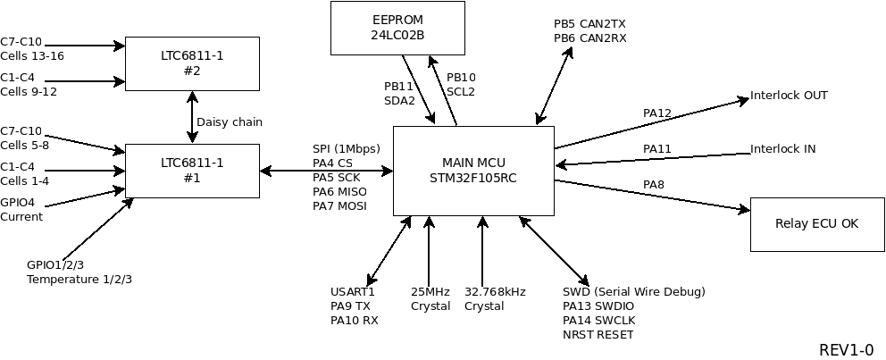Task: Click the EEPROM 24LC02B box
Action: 397,27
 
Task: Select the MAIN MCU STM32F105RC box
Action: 473,170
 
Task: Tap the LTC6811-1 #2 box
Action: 192,63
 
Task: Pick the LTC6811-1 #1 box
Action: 192,170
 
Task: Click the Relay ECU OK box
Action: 817,223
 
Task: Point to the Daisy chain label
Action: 230,122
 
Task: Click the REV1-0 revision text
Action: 846,349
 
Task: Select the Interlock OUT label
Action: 789,96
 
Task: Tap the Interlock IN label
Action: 782,149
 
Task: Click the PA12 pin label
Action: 656,113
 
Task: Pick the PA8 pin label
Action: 653,185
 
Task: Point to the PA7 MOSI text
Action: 339,206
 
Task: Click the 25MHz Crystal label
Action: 430,299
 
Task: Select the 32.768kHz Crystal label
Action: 495,299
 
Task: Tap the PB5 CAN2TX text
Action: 589,24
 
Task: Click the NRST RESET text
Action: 598,335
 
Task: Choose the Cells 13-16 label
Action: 32,56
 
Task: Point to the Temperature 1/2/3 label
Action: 79,280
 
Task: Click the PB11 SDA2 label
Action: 399,94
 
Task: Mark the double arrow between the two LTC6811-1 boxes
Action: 192,116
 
